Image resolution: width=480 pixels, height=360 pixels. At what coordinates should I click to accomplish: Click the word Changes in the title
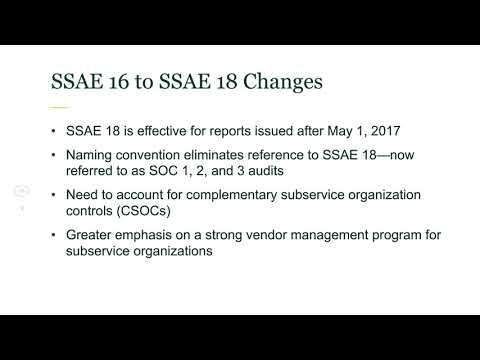tap(278, 82)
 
